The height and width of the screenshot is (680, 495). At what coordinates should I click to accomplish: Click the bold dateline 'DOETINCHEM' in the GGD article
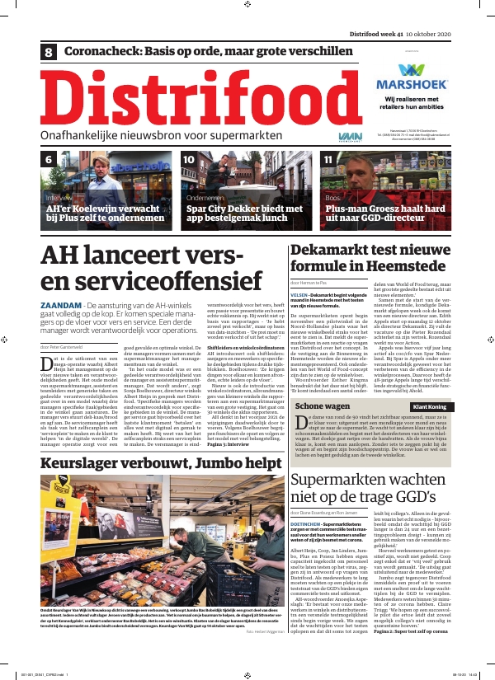[313, 523]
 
